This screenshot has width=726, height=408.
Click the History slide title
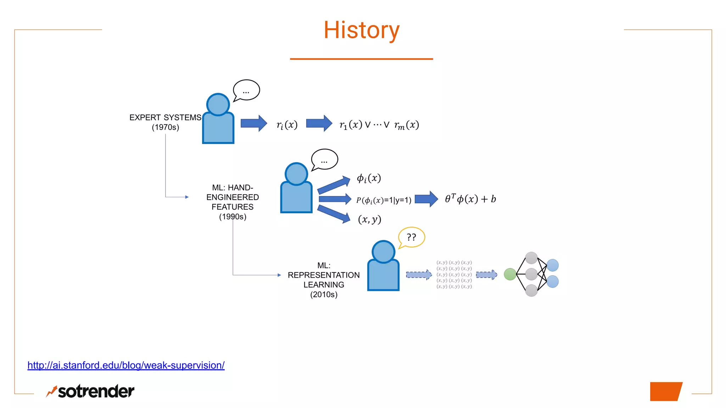(361, 30)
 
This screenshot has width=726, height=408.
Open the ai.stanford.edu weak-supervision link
(126, 365)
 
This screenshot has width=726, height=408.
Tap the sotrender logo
(90, 391)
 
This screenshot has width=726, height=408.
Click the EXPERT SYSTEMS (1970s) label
(165, 122)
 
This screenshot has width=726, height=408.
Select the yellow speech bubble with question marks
(412, 237)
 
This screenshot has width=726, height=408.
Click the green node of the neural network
(510, 274)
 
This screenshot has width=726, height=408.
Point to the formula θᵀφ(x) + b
(470, 199)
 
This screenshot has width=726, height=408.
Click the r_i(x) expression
(287, 125)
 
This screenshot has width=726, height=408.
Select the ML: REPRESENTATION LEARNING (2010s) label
(324, 280)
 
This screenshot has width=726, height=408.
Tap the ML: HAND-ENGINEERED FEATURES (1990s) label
(233, 202)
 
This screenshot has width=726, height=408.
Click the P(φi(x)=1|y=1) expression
(384, 200)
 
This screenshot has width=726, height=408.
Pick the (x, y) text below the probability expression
(369, 219)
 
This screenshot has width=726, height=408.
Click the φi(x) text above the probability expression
(369, 178)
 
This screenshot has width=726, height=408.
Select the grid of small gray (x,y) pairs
(454, 274)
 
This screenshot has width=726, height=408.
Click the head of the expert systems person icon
(218, 104)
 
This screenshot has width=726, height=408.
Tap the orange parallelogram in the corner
(665, 391)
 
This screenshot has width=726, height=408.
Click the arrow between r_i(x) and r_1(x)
(319, 123)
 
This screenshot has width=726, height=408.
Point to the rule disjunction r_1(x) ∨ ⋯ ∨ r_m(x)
(379, 125)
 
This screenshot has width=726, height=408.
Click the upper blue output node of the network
(552, 265)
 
